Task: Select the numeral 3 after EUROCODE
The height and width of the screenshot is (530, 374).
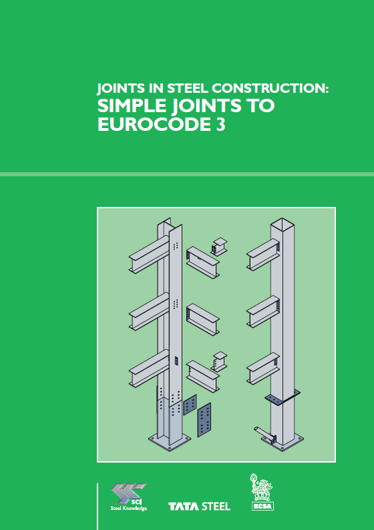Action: click(220, 124)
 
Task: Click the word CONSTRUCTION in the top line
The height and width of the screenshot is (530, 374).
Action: click(270, 88)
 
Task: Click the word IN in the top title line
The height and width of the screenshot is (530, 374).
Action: click(156, 88)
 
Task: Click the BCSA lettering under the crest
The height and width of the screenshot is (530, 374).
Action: click(262, 507)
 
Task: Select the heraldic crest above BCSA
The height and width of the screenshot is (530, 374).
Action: click(260, 487)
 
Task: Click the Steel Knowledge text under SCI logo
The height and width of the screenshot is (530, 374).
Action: click(128, 508)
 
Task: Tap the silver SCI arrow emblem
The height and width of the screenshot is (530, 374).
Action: click(128, 493)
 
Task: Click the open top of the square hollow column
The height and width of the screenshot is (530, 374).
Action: click(282, 222)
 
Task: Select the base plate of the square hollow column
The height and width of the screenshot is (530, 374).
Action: click(283, 442)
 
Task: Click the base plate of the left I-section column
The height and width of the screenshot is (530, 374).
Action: click(170, 441)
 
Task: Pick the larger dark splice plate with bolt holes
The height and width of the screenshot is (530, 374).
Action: click(204, 419)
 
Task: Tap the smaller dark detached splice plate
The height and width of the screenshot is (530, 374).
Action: click(190, 405)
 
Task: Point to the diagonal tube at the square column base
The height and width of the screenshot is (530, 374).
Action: click(265, 434)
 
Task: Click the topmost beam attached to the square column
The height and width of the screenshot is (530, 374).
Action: click(263, 254)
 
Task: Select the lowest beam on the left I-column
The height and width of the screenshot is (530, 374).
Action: click(149, 368)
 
